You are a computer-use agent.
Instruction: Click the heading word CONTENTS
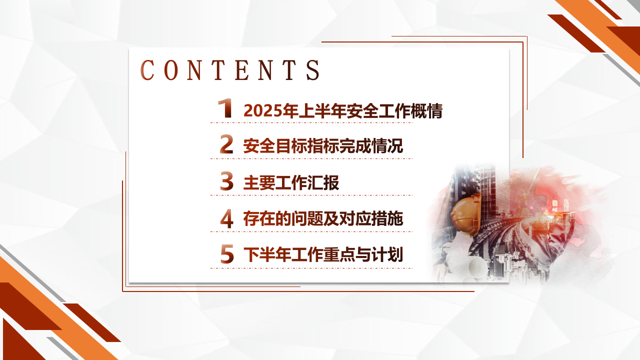(230, 69)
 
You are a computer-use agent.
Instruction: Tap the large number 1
(225, 108)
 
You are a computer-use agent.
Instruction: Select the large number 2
(226, 144)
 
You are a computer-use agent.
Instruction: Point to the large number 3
(226, 181)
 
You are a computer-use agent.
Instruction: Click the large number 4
(227, 218)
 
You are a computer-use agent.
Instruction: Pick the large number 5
(227, 253)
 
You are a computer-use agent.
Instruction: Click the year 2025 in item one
(262, 111)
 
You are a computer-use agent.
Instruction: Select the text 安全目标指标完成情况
(323, 146)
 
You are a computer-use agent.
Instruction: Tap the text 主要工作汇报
(291, 182)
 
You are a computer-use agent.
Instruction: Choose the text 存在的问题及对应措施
(323, 219)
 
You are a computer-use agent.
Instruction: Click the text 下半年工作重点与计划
(323, 254)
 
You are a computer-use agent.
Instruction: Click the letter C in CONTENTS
(147, 70)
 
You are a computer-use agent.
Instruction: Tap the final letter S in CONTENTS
(313, 70)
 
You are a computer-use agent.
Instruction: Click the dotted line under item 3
(311, 195)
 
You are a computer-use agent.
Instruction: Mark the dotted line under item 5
(311, 268)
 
